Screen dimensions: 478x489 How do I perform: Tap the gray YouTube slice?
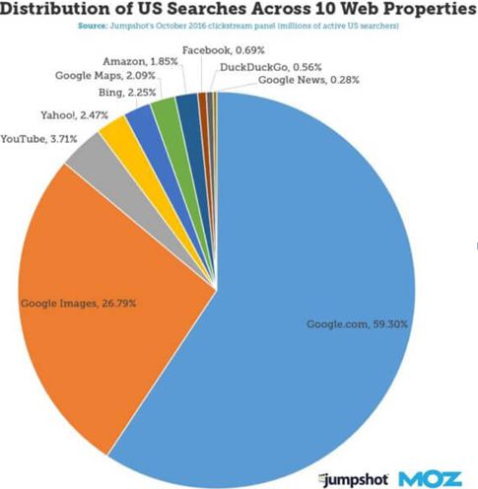(131, 184)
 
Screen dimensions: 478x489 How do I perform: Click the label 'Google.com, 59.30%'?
(357, 324)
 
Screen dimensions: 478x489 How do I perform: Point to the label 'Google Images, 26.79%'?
(79, 303)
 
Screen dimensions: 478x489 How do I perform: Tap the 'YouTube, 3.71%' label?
(38, 139)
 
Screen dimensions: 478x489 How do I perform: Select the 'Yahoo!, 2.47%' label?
(74, 115)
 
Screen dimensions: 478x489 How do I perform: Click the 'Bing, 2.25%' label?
(127, 93)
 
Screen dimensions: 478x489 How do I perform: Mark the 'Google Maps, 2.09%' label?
(105, 75)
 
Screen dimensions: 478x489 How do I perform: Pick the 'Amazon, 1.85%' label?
(140, 61)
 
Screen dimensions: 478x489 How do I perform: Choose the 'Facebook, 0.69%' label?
(224, 50)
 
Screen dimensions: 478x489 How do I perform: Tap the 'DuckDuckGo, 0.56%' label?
(271, 67)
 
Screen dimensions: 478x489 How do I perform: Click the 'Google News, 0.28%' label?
(308, 80)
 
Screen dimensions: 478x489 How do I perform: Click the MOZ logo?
(431, 479)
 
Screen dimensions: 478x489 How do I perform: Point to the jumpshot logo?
(354, 479)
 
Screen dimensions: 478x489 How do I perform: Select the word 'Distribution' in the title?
(53, 9)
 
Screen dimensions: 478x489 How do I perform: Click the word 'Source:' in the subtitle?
(93, 26)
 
